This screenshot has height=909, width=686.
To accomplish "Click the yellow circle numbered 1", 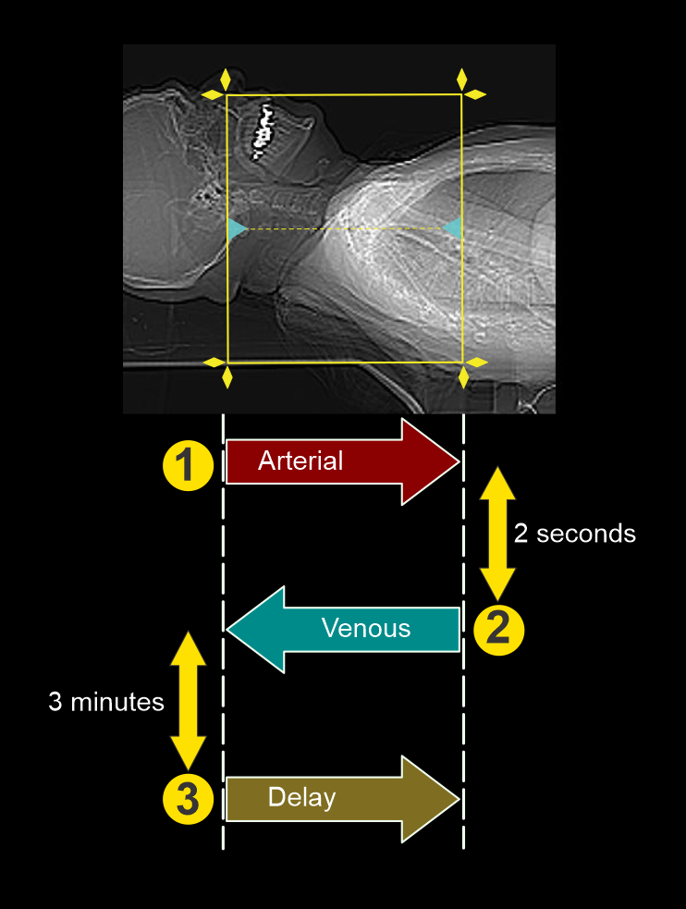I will [188, 465].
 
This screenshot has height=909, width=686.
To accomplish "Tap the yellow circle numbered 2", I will [498, 629].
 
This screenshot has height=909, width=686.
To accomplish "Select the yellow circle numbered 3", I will [188, 798].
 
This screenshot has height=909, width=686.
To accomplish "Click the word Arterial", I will [300, 461].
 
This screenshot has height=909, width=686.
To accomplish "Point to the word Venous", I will [365, 629].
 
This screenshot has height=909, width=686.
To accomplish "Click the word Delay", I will [301, 797].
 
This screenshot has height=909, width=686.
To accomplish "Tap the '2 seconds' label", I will [574, 534].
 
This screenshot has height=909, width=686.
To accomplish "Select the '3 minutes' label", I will [105, 702].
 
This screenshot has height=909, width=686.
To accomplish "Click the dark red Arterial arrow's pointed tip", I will [457, 461].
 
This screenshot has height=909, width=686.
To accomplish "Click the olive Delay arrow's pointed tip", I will [457, 798].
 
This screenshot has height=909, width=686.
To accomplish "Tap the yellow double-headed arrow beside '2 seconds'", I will [497, 534].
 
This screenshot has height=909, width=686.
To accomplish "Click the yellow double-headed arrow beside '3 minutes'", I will [189, 701].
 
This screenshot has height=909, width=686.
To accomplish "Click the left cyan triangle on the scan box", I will [237, 228].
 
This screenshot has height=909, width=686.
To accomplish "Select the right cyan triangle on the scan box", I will [453, 227].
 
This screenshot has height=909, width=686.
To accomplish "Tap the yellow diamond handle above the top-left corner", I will [226, 78].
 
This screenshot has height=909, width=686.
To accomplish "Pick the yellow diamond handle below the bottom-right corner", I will [463, 377].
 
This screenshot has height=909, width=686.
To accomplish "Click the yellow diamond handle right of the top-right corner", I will [475, 94].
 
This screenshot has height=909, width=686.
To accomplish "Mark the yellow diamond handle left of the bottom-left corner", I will [213, 362].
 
